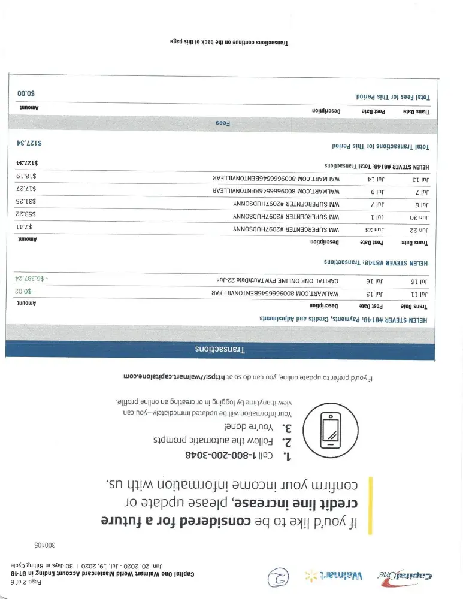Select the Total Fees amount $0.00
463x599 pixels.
tap(26, 94)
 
